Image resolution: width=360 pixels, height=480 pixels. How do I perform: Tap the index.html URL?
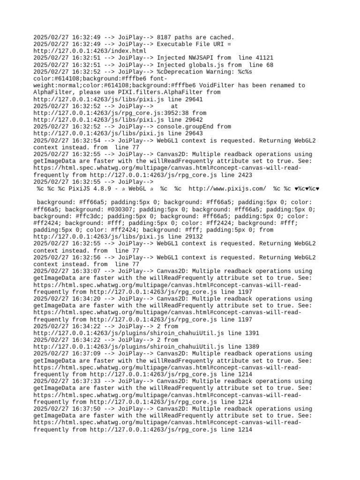click(90, 51)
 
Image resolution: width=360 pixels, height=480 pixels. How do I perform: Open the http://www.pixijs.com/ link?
click(227, 189)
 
